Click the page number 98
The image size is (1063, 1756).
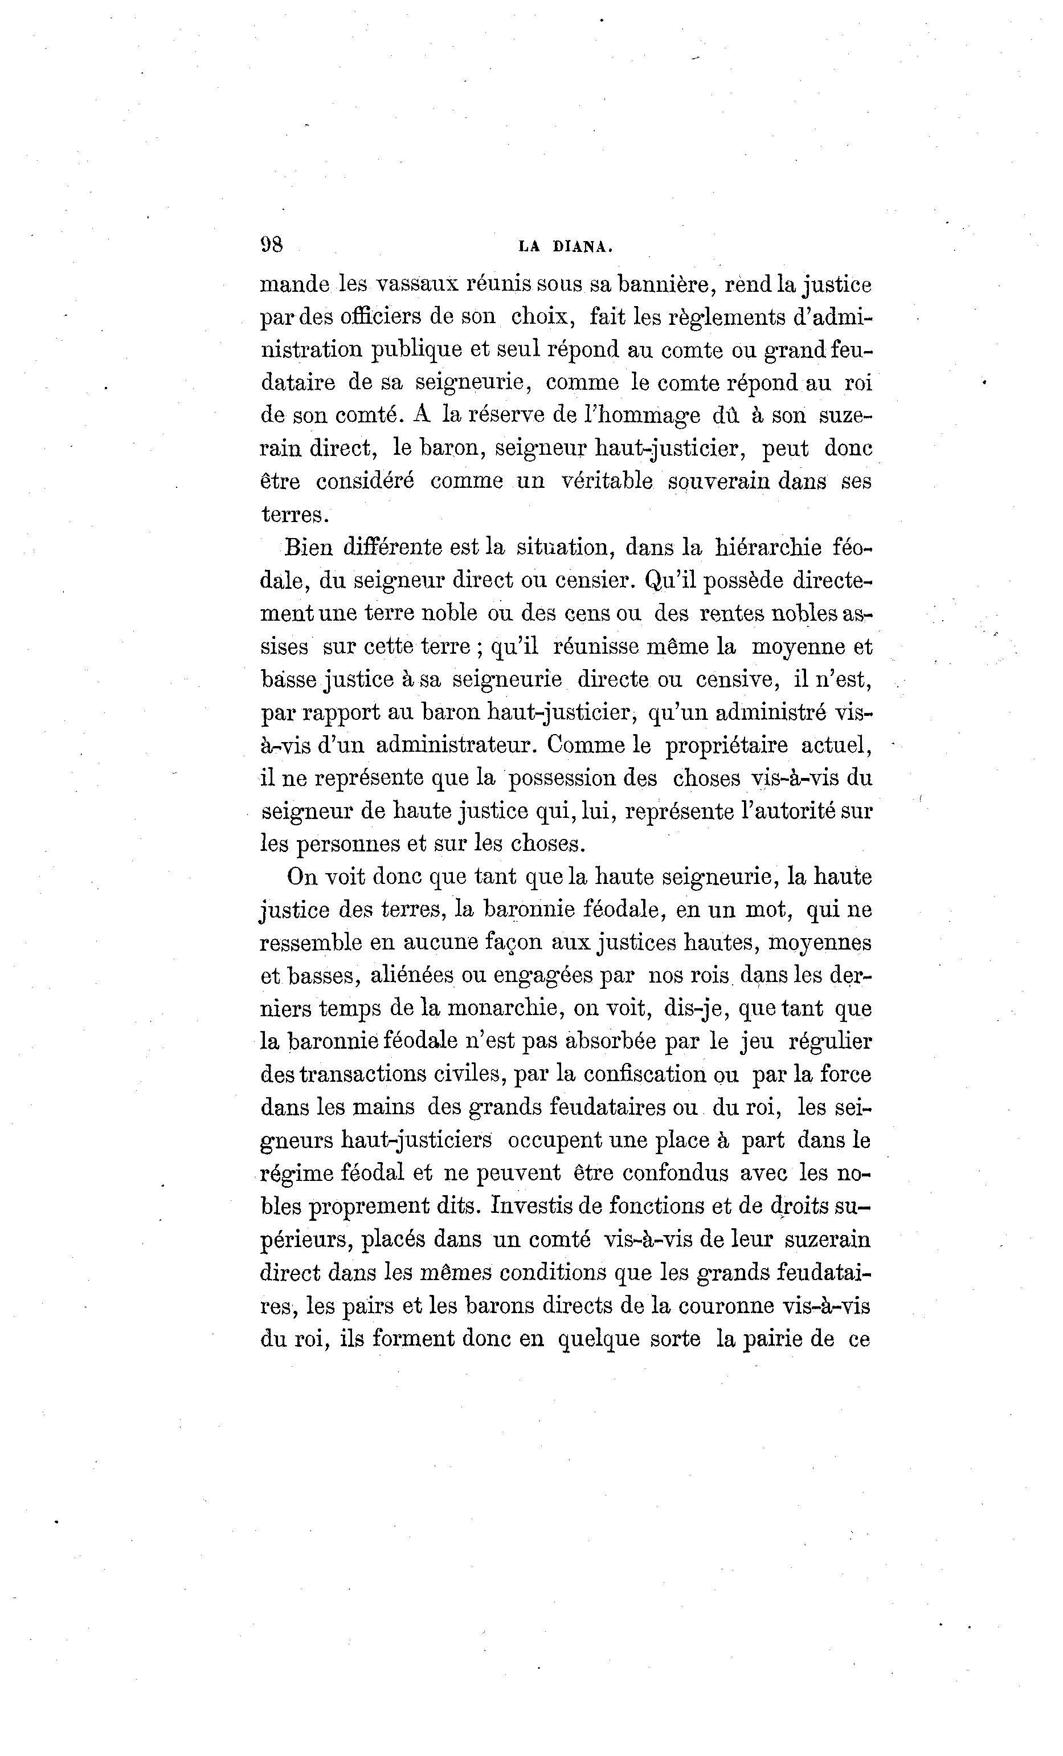pyautogui.click(x=272, y=245)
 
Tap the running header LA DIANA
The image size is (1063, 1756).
pyautogui.click(x=565, y=247)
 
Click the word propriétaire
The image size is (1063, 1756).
pyautogui.click(x=726, y=745)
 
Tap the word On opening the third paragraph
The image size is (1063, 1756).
pyautogui.click(x=301, y=877)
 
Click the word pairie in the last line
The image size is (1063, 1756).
pyautogui.click(x=773, y=1338)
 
